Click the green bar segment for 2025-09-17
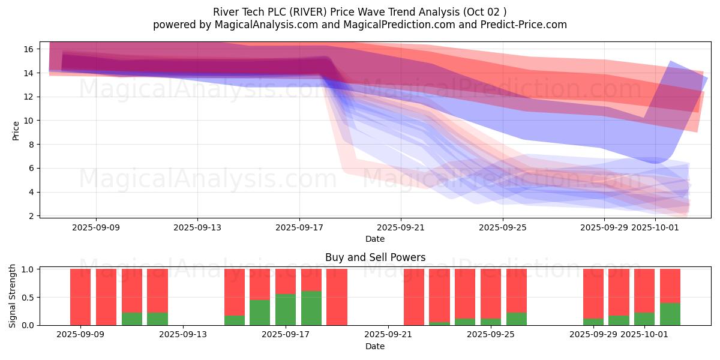pyautogui.click(x=286, y=310)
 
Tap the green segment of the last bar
pyautogui.click(x=670, y=314)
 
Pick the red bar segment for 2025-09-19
pyautogui.click(x=337, y=296)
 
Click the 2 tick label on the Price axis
pyautogui.click(x=34, y=216)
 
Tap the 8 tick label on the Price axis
pyautogui.click(x=34, y=145)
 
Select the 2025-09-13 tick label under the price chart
pyautogui.click(x=197, y=227)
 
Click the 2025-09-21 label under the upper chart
pyautogui.click(x=401, y=227)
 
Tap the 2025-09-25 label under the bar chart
pyautogui.click(x=491, y=334)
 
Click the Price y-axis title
pyautogui.click(x=16, y=130)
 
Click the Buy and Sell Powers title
pyautogui.click(x=375, y=257)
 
